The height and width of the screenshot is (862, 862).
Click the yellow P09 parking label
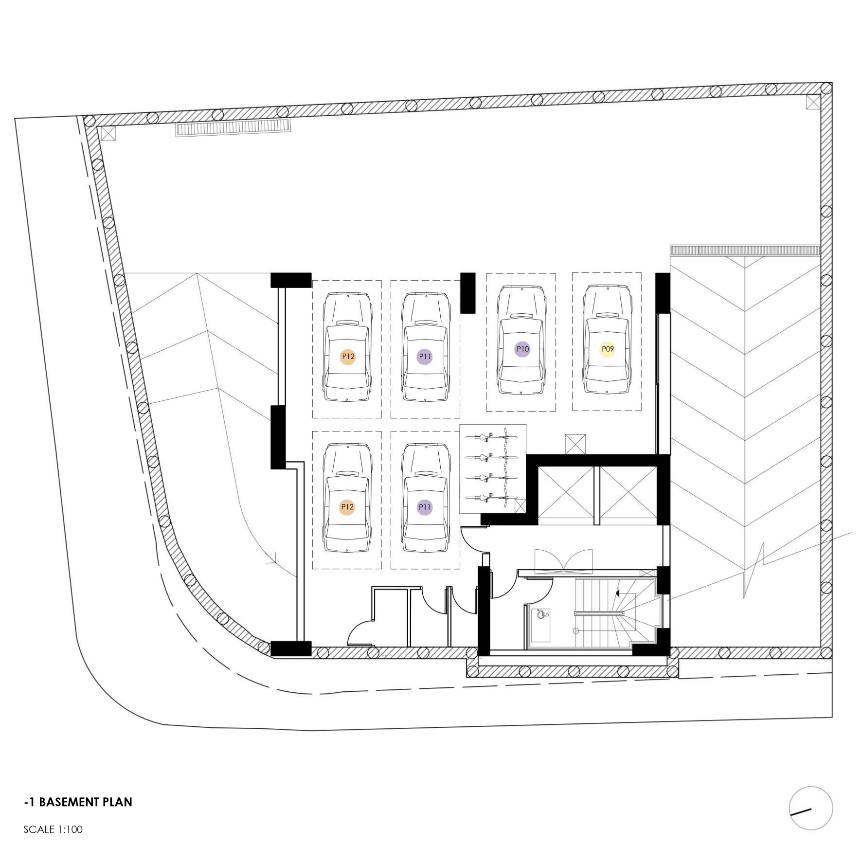[607, 349]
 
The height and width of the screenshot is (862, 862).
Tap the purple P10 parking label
[522, 349]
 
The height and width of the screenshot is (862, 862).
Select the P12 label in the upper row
[348, 357]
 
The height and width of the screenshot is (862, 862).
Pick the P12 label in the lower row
[347, 507]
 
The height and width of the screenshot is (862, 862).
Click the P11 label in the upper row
[425, 357]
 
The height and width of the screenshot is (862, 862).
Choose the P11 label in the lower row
[425, 507]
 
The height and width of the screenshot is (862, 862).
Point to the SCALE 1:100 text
[53, 829]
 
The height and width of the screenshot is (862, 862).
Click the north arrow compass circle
[810, 808]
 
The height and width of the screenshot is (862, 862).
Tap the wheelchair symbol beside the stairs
[541, 614]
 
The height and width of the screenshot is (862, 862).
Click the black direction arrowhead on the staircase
[618, 593]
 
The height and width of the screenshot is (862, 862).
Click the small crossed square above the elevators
[575, 444]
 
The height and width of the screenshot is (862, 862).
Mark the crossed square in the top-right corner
[813, 102]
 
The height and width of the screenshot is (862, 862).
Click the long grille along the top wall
[233, 127]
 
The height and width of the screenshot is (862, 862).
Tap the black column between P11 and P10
[467, 293]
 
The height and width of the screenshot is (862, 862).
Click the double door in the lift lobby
[564, 560]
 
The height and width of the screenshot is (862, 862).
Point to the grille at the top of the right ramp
[745, 251]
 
